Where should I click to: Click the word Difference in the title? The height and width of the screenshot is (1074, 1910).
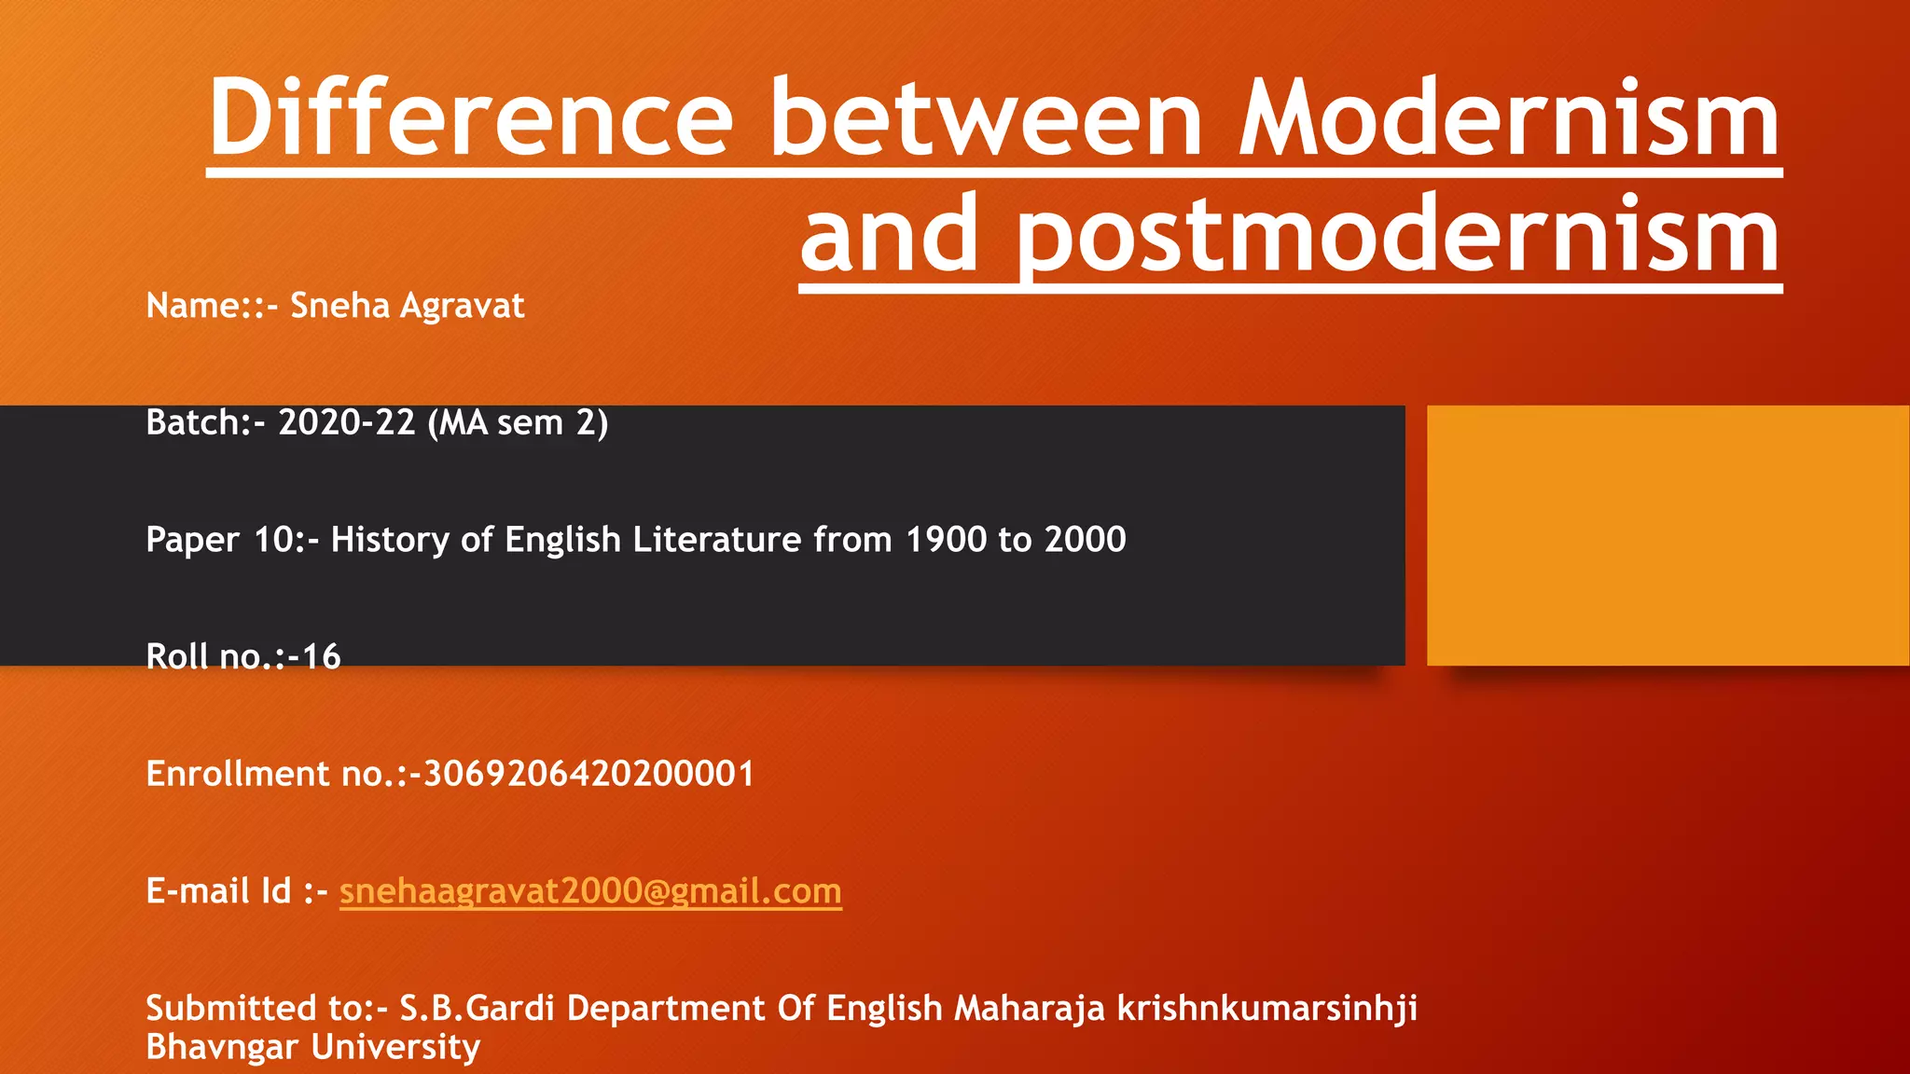click(471, 118)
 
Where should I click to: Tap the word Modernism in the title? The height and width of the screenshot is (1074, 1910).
click(1510, 118)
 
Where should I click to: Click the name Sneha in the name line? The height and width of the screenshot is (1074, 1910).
click(340, 306)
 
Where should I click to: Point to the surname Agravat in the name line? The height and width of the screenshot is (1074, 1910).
click(463, 306)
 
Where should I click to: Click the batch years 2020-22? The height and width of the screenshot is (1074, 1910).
click(346, 423)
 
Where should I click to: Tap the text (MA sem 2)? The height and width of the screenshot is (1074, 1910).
click(518, 423)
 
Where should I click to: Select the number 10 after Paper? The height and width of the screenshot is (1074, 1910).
click(273, 540)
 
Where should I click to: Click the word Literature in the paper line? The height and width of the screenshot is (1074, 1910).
click(716, 540)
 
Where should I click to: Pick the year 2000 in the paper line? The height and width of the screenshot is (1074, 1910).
click(1085, 540)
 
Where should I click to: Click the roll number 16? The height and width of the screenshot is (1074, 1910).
click(321, 657)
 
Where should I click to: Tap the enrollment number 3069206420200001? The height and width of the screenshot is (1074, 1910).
click(588, 774)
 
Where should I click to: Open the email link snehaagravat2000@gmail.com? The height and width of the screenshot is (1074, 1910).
click(590, 891)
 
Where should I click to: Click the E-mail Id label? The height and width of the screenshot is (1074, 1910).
click(218, 891)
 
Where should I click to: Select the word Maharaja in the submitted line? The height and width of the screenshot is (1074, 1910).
click(1030, 1008)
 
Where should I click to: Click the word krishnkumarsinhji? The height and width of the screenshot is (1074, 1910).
click(1267, 1008)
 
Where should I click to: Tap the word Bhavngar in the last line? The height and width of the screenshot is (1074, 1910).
click(223, 1047)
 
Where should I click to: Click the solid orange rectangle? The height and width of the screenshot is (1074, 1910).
click(1668, 535)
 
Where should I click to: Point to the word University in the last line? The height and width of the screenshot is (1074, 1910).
click(395, 1047)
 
